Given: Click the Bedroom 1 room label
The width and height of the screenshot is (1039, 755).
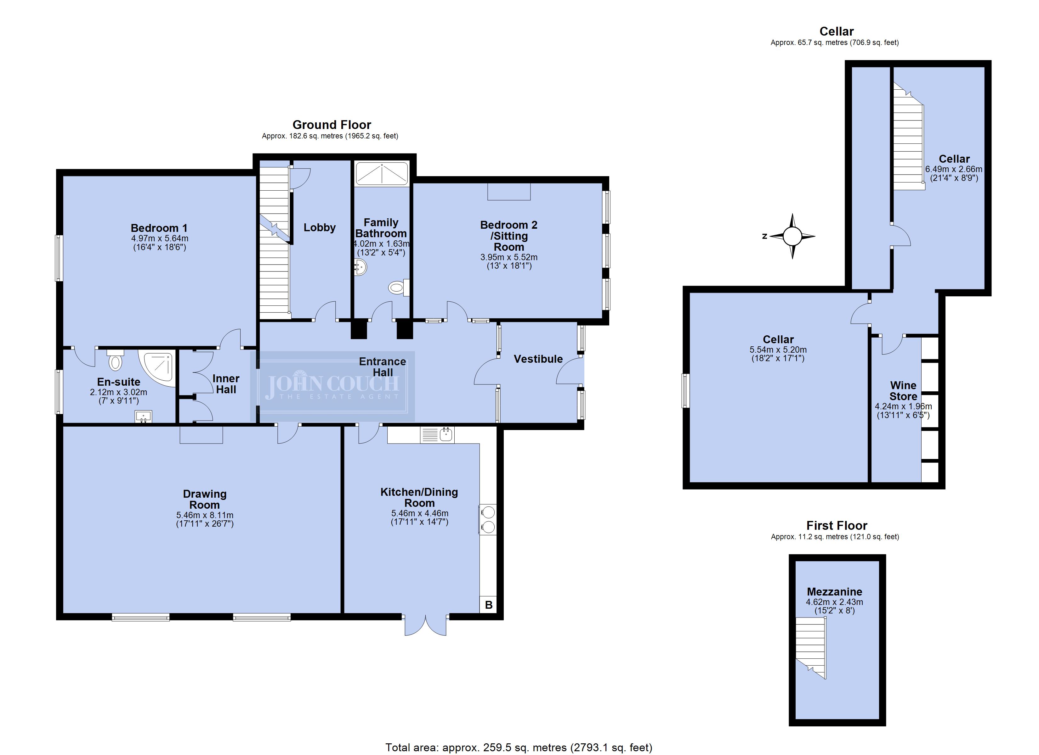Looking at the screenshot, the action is coord(159,228).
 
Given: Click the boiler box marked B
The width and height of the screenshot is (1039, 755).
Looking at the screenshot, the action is coord(488,604).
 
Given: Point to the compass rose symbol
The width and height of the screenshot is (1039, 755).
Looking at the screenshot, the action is coord(792,236).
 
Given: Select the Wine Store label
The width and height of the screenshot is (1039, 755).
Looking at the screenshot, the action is coord(903,391).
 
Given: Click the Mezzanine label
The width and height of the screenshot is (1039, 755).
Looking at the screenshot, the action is coord(834,591).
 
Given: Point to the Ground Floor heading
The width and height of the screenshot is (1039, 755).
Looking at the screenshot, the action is coord(332,125).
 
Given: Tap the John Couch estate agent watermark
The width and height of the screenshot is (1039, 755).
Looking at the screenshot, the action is coord(332,386).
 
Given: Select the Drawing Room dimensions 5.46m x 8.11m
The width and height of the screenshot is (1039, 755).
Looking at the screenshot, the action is coord(205,515).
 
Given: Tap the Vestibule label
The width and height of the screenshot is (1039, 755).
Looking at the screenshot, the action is coord(538,359).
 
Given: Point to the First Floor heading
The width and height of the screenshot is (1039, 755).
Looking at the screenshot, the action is coord(837,526).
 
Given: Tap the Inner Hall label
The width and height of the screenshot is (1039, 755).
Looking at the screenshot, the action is coord(226,384).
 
